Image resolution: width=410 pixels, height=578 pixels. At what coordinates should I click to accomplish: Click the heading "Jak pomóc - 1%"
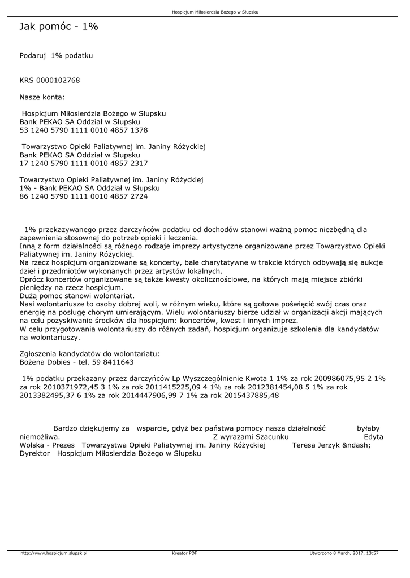59,27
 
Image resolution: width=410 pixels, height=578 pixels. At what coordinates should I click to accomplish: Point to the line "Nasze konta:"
42,97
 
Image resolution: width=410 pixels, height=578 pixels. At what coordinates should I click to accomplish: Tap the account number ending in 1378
84,130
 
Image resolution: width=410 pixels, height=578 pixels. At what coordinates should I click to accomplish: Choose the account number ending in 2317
84,163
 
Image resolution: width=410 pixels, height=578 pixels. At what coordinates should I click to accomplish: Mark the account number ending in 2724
84,196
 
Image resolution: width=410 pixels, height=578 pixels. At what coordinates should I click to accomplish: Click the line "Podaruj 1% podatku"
56,56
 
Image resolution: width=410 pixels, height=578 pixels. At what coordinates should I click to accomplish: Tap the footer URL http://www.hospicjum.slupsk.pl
54,553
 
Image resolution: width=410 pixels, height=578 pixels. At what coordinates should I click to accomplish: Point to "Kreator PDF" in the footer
184,553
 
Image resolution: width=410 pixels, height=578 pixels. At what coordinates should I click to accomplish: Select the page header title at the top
215,12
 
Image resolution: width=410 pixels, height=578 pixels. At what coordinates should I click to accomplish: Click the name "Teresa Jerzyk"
316,445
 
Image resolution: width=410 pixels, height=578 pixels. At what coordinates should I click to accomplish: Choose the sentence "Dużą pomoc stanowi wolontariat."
77,295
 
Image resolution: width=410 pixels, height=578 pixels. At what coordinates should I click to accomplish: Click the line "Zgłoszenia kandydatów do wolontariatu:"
89,353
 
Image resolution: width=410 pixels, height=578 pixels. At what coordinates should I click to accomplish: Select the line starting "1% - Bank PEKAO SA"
89,188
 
